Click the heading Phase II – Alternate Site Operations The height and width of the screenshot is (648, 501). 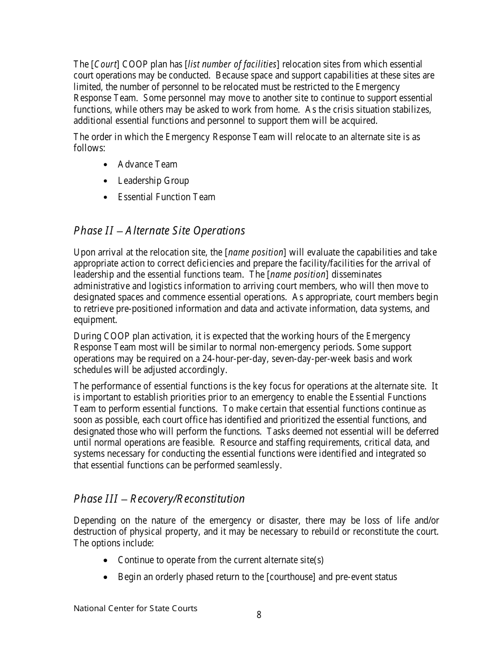tap(159, 231)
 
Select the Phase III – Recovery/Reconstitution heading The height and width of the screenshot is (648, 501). tap(159, 498)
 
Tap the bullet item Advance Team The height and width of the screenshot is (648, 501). tap(147, 164)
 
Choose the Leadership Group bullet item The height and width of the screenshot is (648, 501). tap(153, 181)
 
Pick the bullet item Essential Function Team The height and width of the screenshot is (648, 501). tap(166, 197)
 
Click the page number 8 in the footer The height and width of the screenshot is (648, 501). tap(259, 615)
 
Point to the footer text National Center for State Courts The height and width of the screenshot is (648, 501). tap(136, 608)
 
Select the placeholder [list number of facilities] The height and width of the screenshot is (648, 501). tap(232, 64)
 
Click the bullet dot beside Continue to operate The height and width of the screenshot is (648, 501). tap(107, 561)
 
